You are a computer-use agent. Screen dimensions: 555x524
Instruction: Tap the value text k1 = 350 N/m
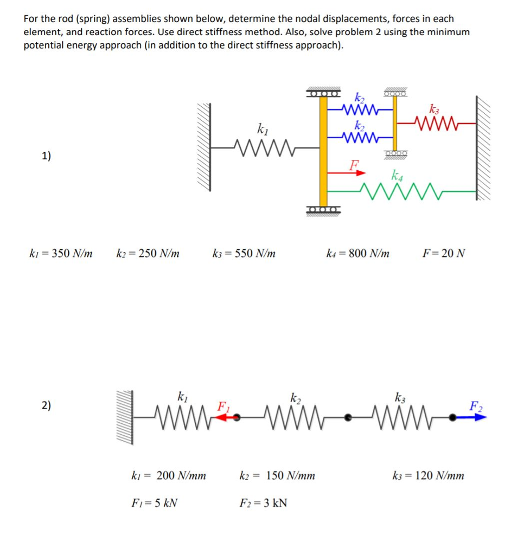[60, 253]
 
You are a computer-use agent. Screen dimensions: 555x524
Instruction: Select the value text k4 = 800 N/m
[358, 253]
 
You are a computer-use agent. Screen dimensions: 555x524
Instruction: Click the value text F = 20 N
[443, 253]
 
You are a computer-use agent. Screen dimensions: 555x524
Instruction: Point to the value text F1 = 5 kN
[155, 503]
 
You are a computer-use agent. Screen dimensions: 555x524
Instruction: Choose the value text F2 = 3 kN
[264, 503]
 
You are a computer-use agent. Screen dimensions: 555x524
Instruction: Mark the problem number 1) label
[47, 157]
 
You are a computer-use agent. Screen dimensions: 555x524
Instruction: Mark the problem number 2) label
[47, 405]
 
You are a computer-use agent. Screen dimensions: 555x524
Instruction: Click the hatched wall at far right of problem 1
[483, 149]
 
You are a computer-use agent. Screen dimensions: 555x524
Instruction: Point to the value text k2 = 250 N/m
[149, 253]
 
